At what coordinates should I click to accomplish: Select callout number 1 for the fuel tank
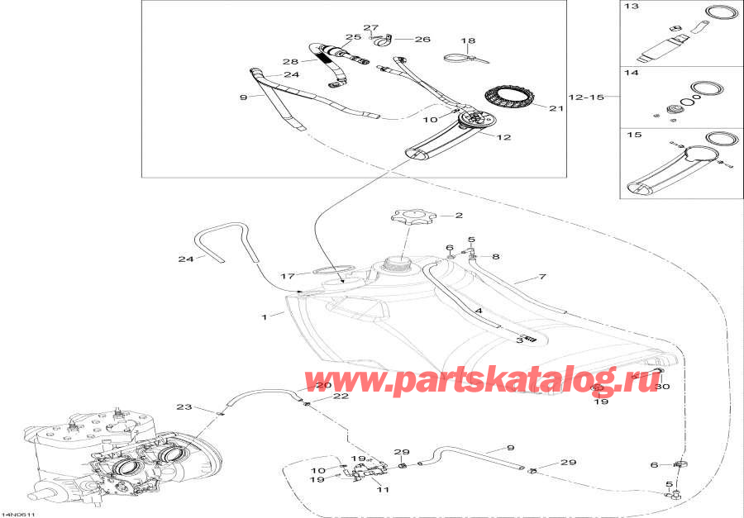265,316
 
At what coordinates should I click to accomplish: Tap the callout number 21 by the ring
556,107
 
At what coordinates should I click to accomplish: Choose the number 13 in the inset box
632,7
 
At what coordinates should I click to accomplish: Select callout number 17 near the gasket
288,276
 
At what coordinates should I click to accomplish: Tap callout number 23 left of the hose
184,406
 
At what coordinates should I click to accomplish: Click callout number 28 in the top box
289,62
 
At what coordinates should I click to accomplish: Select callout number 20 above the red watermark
322,386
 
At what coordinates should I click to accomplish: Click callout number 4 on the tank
479,311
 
